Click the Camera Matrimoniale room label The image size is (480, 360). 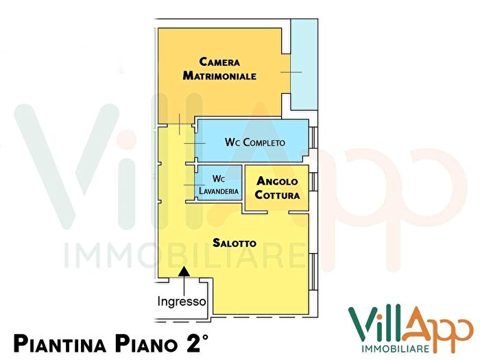219,69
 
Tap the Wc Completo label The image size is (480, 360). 254,143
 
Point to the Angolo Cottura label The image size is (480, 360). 277,189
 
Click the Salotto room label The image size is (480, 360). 235,243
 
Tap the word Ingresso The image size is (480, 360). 182,301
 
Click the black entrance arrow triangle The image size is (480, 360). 184,273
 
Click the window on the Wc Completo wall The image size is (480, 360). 313,138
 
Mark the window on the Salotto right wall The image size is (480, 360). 313,271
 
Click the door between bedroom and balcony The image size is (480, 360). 288,72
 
